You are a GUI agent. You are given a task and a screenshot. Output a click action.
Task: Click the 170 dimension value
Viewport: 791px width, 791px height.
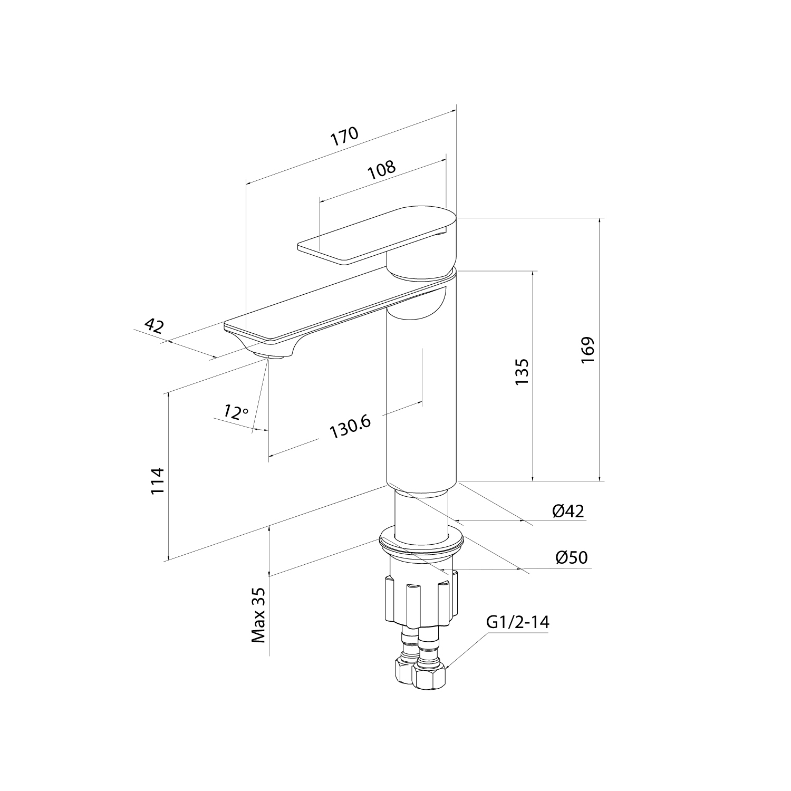coord(344,137)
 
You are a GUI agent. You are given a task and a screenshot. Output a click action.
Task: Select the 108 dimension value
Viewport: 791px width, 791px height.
coord(381,170)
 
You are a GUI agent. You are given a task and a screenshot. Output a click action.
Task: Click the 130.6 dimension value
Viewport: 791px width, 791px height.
coord(350,427)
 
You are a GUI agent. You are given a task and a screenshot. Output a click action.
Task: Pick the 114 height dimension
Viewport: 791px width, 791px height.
coord(158,480)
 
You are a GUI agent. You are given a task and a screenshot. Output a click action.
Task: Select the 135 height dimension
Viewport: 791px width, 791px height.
coord(521,372)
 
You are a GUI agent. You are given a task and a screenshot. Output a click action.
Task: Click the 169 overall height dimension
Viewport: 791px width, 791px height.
coord(587,349)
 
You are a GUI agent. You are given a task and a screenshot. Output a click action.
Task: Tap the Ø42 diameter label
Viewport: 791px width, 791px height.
coord(568,510)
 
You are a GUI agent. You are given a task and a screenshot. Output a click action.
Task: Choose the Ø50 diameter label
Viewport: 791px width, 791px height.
coord(571,557)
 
